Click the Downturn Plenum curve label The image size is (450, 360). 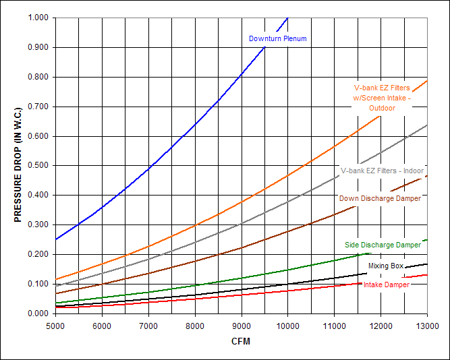pyautogui.click(x=277, y=38)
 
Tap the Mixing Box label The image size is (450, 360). pyautogui.click(x=386, y=266)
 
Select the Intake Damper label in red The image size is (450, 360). pyautogui.click(x=386, y=284)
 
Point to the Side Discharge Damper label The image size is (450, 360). pyautogui.click(x=383, y=245)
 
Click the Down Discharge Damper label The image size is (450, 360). pyautogui.click(x=380, y=198)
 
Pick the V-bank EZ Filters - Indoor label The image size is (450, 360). pyautogui.click(x=381, y=171)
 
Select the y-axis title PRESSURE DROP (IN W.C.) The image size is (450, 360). pyautogui.click(x=18, y=164)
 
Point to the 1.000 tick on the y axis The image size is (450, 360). pyautogui.click(x=38, y=18)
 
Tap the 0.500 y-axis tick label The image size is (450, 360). pyautogui.click(x=38, y=165)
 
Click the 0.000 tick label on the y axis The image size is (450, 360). pyautogui.click(x=38, y=313)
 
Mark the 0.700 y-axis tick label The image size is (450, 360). pyautogui.click(x=38, y=107)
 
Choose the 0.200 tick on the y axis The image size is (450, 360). pyautogui.click(x=38, y=254)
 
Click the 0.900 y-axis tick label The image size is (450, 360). pyautogui.click(x=38, y=47)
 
